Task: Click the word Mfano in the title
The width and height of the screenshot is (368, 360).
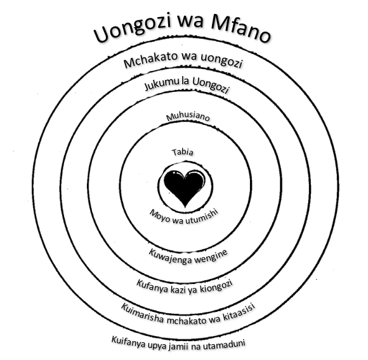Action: [241, 29]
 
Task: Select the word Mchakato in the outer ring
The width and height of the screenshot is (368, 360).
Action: [150, 60]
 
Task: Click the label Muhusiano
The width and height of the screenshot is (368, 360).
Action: [188, 117]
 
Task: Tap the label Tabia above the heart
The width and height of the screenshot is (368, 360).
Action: [183, 152]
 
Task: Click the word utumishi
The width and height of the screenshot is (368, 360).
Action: [202, 217]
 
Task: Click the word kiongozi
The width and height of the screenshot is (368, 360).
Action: [216, 286]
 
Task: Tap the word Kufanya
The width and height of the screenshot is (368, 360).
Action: [152, 286]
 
